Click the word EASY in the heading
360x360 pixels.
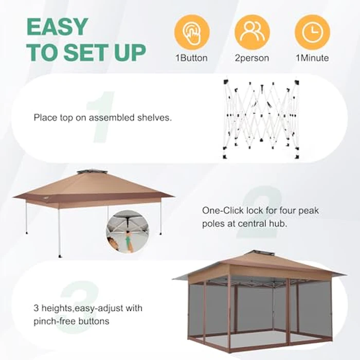click(57, 28)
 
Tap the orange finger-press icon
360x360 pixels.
click(192, 32)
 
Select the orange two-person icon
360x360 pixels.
click(252, 32)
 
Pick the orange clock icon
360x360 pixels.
click(312, 32)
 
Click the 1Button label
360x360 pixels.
click(192, 58)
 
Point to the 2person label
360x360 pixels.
click(252, 58)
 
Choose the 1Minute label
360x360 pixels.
click(312, 58)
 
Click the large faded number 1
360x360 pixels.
click(101, 117)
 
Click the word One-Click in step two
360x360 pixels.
click(219, 210)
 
